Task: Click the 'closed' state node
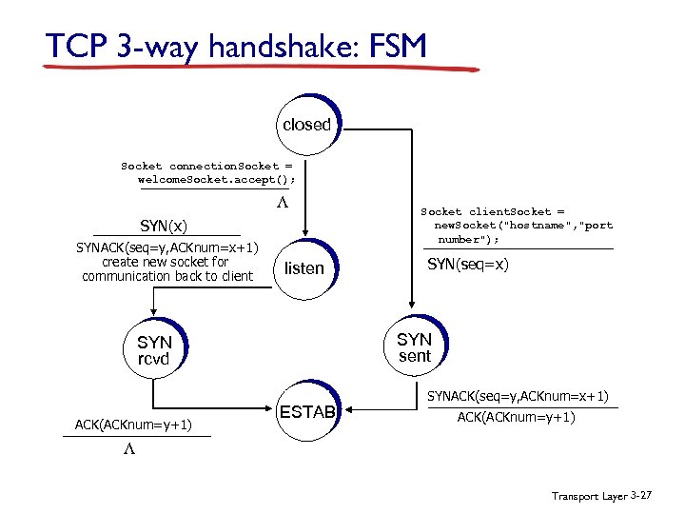click(x=306, y=125)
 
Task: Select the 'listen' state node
click(x=304, y=268)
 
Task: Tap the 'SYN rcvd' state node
click(x=154, y=349)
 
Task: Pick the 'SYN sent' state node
click(x=414, y=347)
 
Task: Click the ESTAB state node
click(x=306, y=413)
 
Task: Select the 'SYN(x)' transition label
click(x=164, y=226)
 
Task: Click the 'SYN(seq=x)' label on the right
click(x=468, y=264)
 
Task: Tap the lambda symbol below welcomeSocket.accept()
click(x=282, y=205)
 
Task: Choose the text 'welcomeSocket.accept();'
click(x=217, y=178)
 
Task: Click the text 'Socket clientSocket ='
click(x=493, y=211)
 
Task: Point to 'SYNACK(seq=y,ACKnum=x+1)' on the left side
click(x=167, y=247)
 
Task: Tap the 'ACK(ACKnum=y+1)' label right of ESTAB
click(x=517, y=417)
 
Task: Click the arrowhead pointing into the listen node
click(x=304, y=242)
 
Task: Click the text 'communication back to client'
click(x=167, y=276)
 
